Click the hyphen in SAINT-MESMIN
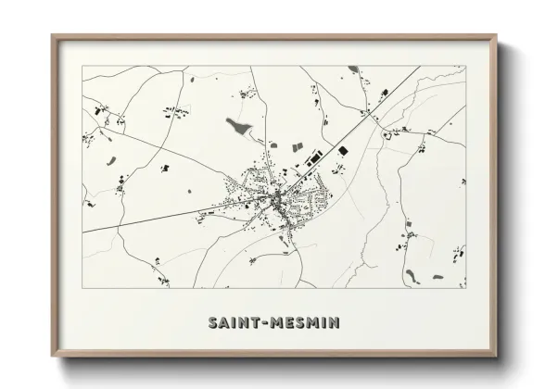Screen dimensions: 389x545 (x=264, y=323)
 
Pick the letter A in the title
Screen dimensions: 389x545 (x=222, y=323)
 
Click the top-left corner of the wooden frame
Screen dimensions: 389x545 (x=53, y=36)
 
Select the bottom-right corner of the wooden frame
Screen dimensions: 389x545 (x=495, y=360)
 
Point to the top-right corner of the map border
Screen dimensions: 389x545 (x=465, y=67)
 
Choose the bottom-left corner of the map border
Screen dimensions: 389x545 (x=82, y=288)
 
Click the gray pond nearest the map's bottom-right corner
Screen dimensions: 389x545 (x=411, y=274)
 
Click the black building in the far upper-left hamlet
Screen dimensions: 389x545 (x=97, y=111)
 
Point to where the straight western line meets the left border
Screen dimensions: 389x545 (x=82, y=232)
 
